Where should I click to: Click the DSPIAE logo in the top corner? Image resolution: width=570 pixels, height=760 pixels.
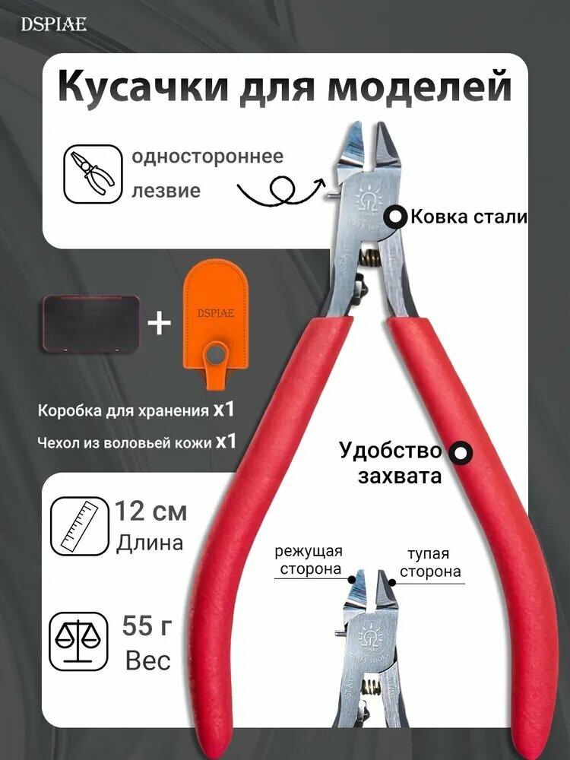coord(53,24)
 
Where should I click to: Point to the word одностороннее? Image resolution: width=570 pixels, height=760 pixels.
coord(207,157)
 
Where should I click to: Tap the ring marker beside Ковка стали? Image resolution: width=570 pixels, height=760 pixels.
coord(396,217)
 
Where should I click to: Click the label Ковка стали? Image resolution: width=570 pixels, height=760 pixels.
coord(468,217)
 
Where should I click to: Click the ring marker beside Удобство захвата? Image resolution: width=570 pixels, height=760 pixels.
coord(460,454)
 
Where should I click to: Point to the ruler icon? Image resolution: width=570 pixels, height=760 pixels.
coord(76,527)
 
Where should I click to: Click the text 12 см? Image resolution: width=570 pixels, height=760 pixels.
coord(150,511)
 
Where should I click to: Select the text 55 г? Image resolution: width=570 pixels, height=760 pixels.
coord(149,626)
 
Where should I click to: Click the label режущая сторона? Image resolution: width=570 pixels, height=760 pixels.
coord(309,561)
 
